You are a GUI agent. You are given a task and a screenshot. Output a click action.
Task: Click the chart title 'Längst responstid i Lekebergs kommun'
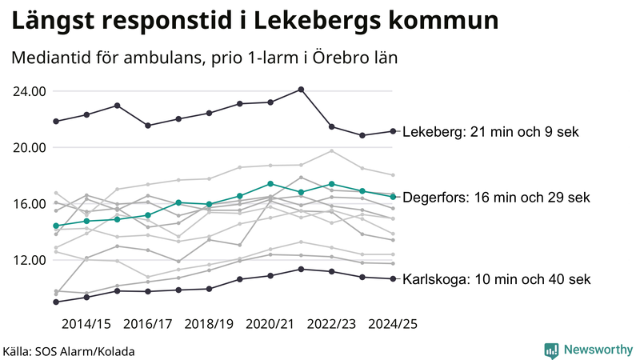(255, 21)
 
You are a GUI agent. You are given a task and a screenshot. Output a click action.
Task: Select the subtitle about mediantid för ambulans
(205, 58)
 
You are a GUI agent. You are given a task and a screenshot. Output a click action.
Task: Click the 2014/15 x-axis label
(86, 325)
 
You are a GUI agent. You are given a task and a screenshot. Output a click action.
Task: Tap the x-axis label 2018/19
(208, 325)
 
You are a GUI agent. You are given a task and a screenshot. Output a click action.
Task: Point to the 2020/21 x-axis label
(270, 325)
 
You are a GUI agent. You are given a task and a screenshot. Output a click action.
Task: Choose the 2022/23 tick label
(331, 325)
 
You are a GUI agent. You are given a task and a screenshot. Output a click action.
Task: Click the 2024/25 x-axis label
(392, 325)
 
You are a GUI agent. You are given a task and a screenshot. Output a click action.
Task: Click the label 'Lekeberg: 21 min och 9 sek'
(490, 132)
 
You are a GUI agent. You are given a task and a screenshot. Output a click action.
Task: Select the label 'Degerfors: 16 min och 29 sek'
(496, 197)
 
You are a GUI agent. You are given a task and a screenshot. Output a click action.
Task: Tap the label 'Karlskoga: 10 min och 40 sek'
(496, 279)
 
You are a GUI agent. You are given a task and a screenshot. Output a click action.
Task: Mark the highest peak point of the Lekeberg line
(301, 90)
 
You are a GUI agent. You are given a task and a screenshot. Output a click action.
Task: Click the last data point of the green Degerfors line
(393, 196)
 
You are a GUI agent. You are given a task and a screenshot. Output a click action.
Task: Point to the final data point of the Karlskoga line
(393, 278)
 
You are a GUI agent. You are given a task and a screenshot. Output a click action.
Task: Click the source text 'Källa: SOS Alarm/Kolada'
(69, 351)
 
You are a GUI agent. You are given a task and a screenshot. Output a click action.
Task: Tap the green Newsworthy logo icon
(551, 350)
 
